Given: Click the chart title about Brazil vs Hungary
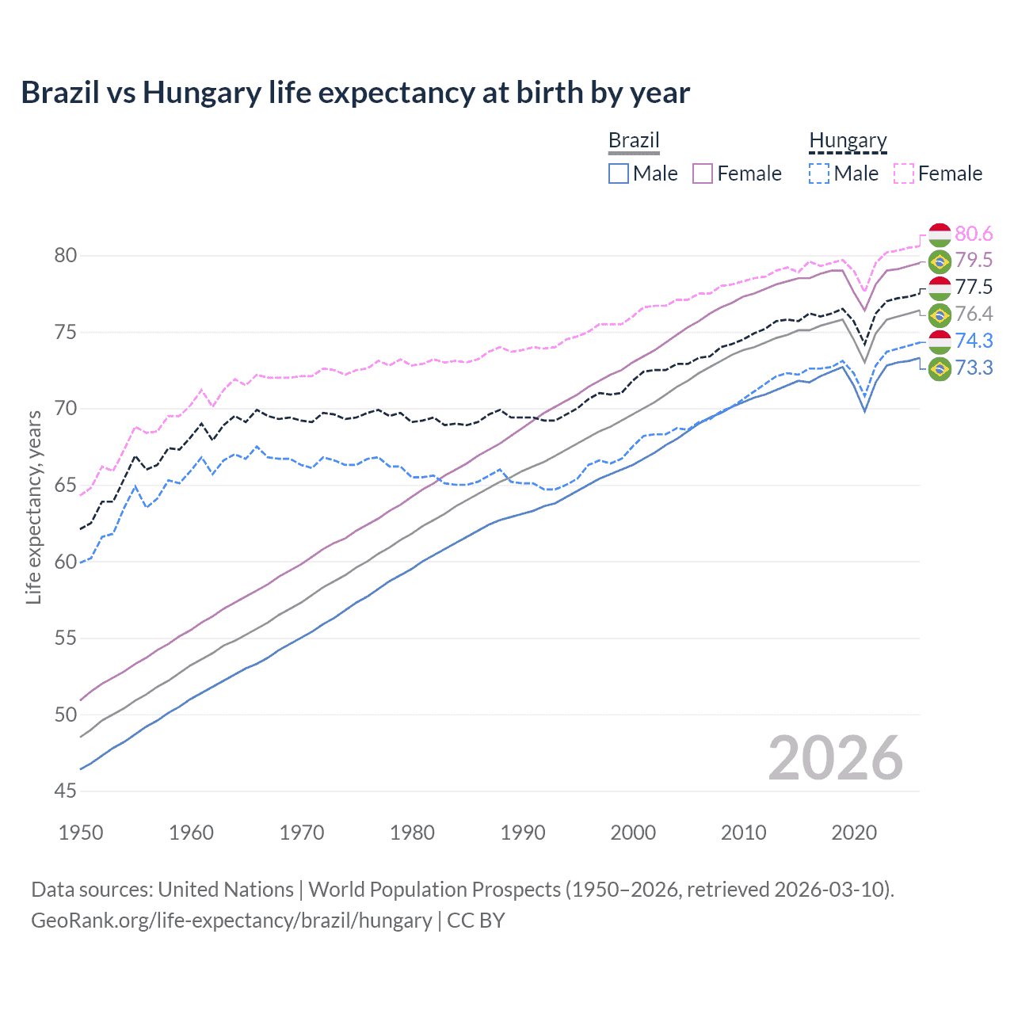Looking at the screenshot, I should pos(355,93).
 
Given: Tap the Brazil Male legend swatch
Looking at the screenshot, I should pos(619,173).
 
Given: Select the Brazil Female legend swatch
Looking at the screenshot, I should pos(703,173).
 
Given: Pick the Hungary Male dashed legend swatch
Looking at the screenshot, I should pos(819,173).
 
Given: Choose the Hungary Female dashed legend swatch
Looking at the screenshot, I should pos(904,173).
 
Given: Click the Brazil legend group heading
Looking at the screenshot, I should pos(634,140).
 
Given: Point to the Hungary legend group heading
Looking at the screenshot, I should pos(848,140).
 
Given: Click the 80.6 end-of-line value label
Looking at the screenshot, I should pos(974,234).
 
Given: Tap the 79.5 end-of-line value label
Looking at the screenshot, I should pos(974,261).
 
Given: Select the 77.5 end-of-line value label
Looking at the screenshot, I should pos(974,288).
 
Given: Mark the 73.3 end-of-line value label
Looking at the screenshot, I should pos(974,368).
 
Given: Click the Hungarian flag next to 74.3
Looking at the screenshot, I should pos(940,341).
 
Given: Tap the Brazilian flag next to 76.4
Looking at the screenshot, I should pos(940,314).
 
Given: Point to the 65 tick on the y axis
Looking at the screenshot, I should pos(66,485).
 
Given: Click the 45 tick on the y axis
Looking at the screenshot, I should pos(66,791).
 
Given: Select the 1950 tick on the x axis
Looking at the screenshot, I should pos(81,833).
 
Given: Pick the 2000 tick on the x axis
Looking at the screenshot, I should pos(633,833).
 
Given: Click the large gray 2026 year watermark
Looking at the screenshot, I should pos(835,758).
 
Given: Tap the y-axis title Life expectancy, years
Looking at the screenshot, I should pos(33,507).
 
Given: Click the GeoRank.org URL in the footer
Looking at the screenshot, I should pos(231,921).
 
